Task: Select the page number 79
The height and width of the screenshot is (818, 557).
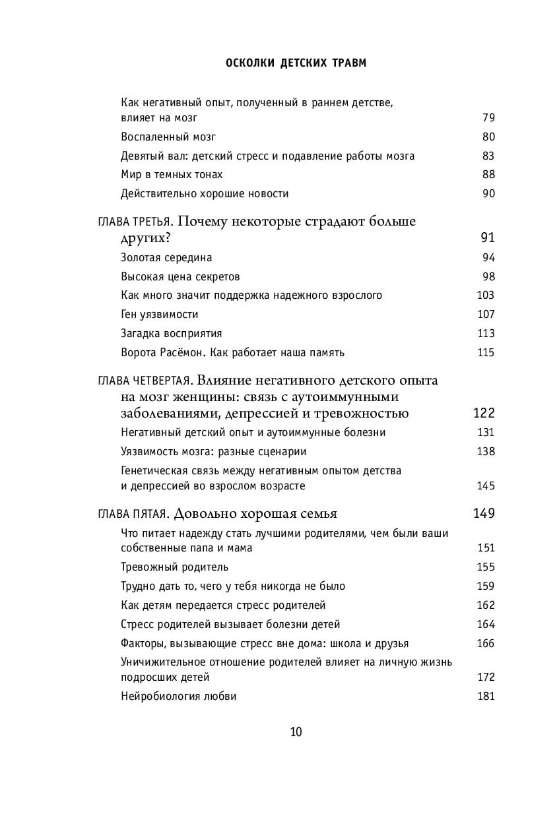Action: coord(488,118)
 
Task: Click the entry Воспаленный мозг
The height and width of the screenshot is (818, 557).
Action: coord(168,137)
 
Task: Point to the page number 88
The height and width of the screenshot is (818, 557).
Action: coord(488,175)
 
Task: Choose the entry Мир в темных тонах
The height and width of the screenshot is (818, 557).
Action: coord(172,175)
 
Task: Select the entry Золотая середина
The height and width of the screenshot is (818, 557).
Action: coord(166,258)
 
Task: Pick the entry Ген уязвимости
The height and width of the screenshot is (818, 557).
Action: coord(160,315)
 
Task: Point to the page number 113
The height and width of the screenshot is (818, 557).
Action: coord(486,333)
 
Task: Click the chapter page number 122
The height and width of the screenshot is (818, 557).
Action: coord(484,414)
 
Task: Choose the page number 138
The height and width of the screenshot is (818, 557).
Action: coord(486,452)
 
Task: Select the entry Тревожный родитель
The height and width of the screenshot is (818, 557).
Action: coord(175,567)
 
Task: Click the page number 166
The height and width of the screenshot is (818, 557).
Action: coord(486,643)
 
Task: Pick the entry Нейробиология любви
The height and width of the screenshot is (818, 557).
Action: coord(179,696)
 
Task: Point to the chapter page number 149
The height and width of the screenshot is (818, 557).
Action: coord(484,514)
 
